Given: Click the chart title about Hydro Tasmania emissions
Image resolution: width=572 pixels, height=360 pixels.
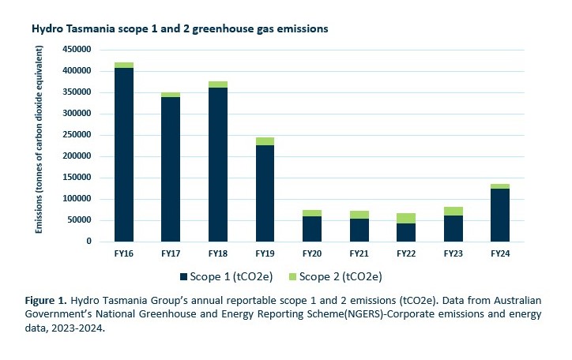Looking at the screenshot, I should pos(179,28).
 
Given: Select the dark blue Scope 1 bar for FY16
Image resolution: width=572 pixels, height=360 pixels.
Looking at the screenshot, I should pos(123,154).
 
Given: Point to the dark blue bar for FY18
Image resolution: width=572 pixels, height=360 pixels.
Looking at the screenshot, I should pos(217,164).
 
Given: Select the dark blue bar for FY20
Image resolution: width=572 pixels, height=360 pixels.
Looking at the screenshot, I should pos(311,228).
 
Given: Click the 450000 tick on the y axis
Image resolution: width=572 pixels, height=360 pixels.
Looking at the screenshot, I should pos(77,50).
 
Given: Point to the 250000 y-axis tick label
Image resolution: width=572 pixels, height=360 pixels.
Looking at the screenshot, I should pos(77,135).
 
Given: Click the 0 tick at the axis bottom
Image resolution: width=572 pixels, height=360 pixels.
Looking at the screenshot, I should pos(89,242).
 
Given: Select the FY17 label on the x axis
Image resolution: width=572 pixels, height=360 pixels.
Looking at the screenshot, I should pos(171,254).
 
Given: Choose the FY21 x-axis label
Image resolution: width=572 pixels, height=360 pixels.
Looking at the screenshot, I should pos(359,254).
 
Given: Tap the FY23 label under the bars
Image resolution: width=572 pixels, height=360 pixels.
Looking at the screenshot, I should pos(453,254).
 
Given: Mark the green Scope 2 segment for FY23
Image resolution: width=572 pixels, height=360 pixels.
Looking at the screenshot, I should pos(453,211).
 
